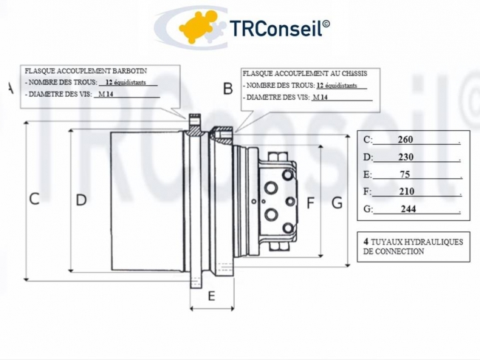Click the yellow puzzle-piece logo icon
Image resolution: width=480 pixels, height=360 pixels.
[197, 27]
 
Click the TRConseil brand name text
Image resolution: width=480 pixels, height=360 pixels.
[279, 28]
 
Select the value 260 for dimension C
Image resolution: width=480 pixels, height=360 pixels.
[405, 140]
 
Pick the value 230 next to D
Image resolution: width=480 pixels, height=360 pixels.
[405, 157]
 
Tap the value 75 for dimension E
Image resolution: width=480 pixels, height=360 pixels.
[405, 174]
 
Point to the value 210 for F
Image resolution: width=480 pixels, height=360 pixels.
[407, 191]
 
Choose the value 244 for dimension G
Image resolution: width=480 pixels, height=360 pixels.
[408, 209]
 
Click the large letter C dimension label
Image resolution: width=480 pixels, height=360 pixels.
[34, 199]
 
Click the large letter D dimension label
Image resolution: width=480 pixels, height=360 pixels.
[81, 200]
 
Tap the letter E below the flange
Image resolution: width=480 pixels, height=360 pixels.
[211, 296]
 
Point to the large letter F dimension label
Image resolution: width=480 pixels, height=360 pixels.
[310, 203]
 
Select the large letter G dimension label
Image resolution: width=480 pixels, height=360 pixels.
[337, 203]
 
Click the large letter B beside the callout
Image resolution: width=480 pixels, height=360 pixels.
[228, 89]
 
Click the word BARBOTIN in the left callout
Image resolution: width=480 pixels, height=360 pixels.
[130, 71]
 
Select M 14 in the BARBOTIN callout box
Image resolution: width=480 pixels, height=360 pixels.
[106, 95]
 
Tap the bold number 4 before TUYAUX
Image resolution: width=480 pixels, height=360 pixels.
[366, 242]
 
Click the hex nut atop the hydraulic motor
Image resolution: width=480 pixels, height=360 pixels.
[278, 157]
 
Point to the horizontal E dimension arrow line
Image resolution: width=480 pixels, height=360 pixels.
[212, 308]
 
